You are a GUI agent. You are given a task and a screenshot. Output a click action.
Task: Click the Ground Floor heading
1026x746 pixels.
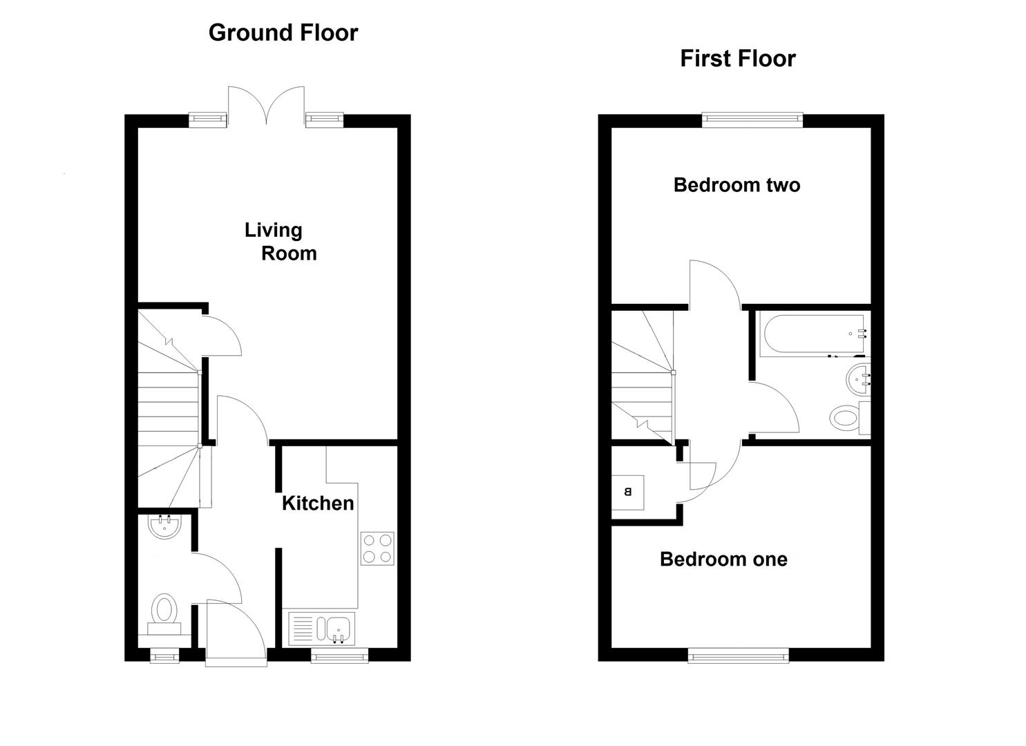[x=283, y=32]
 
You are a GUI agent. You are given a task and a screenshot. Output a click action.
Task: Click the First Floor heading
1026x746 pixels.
[x=737, y=58]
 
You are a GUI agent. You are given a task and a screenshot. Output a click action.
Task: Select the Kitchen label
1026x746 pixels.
[x=318, y=503]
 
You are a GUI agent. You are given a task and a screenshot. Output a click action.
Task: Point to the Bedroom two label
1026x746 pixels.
[x=737, y=185]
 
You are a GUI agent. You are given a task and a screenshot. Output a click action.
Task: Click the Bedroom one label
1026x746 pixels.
[x=723, y=559]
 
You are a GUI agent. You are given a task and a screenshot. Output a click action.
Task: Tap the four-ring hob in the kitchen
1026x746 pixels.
[x=377, y=548]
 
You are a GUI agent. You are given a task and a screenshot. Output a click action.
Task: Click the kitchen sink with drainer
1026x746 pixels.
[x=322, y=628]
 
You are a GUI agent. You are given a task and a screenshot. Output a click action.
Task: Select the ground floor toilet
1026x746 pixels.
[x=164, y=613]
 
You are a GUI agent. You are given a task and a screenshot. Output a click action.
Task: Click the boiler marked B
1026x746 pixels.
[x=628, y=492]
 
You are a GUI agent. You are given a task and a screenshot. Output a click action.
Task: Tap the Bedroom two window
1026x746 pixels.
[x=752, y=120]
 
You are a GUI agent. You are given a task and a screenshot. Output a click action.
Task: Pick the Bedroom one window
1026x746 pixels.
[x=738, y=656]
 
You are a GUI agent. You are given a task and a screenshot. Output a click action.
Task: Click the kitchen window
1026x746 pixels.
[x=339, y=656]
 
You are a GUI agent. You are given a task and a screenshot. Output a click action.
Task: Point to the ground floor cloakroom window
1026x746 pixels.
[x=164, y=656]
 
